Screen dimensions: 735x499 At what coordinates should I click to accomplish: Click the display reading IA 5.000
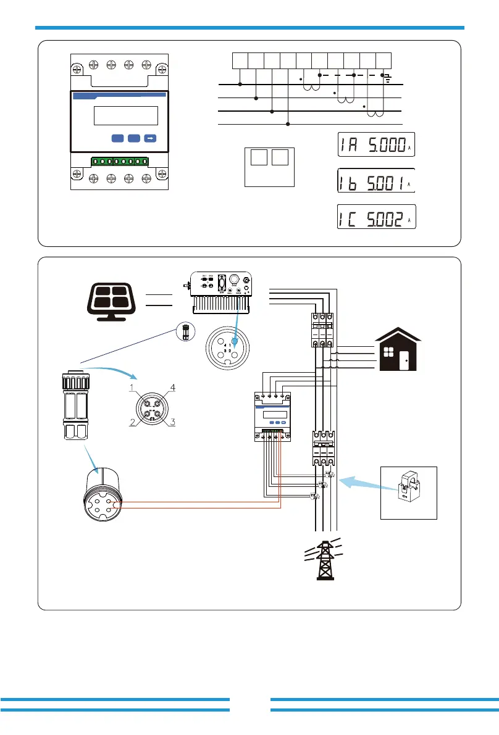coord(375,146)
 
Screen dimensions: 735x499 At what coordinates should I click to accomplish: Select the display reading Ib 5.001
coord(375,183)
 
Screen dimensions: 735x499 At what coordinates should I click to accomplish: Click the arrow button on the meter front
coord(150,138)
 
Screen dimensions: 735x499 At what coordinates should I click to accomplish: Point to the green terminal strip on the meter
coord(120,162)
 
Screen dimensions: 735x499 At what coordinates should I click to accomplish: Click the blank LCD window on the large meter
coord(125,115)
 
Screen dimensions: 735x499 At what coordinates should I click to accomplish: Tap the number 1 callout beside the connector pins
coord(132,388)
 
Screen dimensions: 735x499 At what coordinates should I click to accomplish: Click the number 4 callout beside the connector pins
coord(174,388)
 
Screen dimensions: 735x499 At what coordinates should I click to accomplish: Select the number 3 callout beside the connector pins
coord(174,422)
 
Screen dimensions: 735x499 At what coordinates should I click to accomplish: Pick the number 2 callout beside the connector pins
coord(132,422)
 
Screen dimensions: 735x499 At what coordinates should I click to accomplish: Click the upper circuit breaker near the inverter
coord(321,331)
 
